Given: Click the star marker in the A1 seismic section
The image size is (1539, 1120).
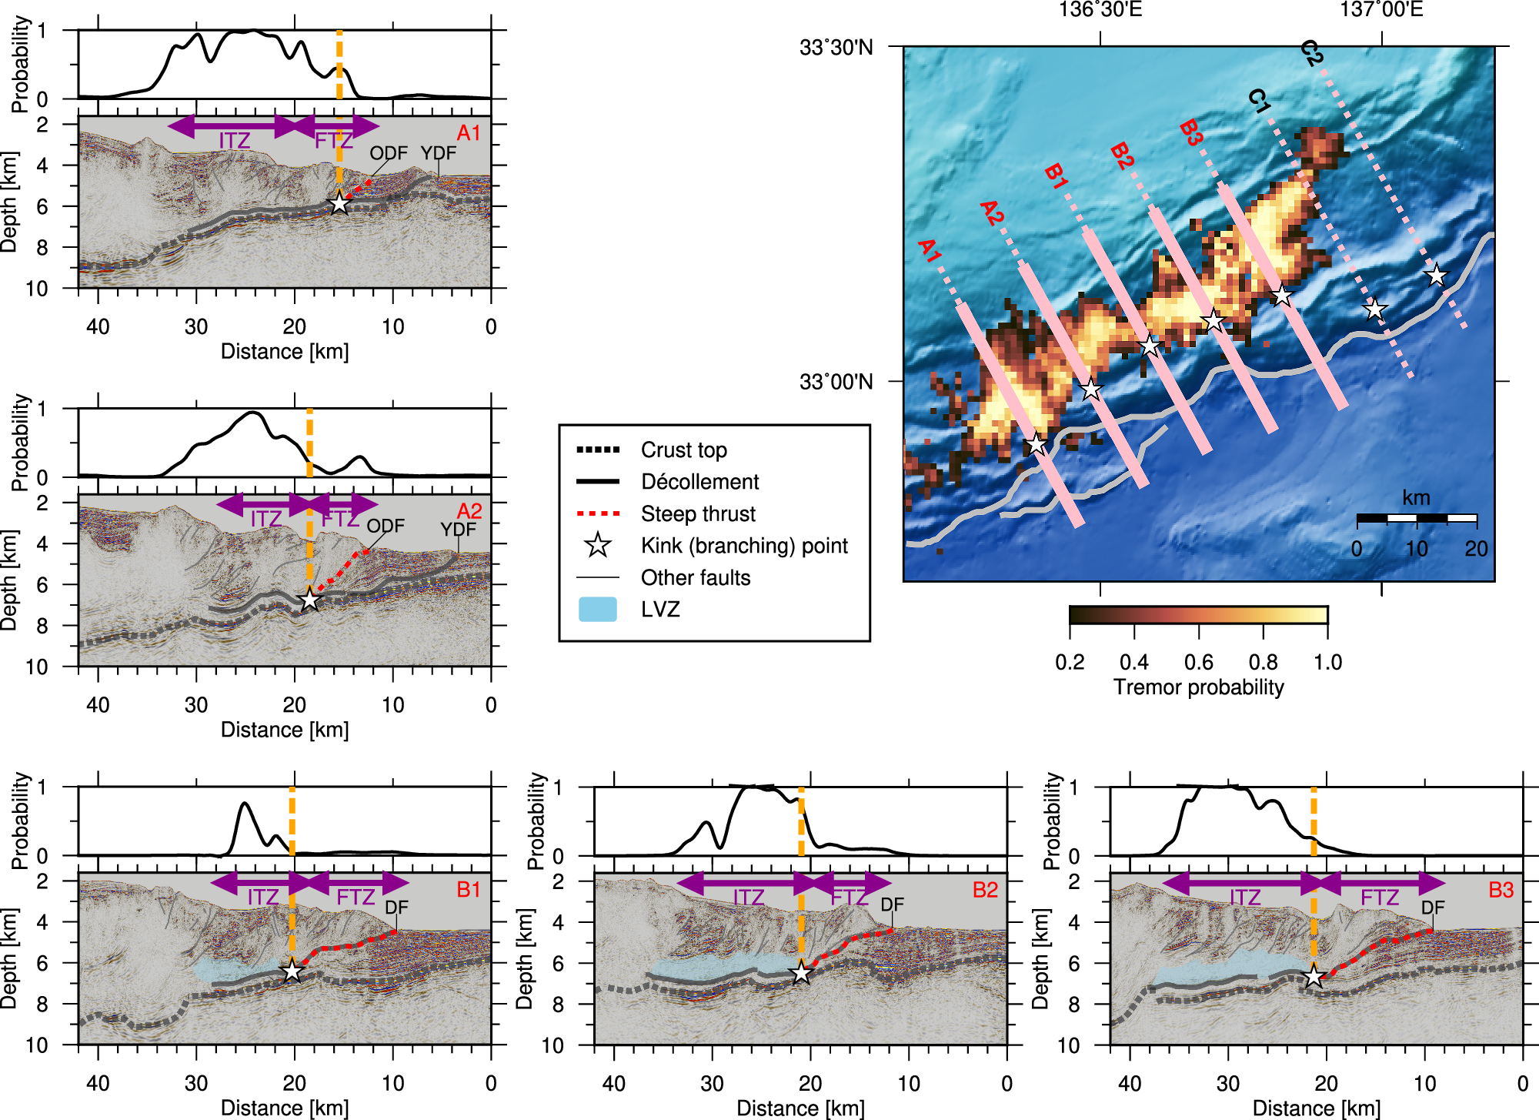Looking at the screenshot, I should point(339,203).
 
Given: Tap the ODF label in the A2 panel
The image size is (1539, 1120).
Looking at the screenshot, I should point(385,526).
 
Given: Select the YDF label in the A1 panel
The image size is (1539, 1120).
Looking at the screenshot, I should point(438,153).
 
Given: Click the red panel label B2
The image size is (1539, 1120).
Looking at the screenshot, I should point(985,890).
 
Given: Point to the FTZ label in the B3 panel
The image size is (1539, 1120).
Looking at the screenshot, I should point(1379,898).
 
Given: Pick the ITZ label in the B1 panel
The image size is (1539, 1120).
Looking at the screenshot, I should point(262,898).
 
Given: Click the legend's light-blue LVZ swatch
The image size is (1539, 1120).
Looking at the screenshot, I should point(597,609).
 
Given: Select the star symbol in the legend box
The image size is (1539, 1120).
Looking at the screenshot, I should point(598,545).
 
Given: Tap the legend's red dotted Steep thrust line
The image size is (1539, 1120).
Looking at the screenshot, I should point(598,513).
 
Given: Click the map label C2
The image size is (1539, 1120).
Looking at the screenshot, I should point(1311,53).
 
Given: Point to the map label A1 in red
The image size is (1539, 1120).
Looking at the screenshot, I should point(929,251).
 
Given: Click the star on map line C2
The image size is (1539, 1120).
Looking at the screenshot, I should point(1436,275).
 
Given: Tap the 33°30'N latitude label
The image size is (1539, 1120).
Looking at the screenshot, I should point(836,48).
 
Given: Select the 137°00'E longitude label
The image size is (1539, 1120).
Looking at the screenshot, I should point(1381,10).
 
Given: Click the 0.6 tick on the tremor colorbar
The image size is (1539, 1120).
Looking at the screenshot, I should point(1198,662).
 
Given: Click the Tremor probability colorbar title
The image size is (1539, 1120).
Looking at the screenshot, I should point(1198,687).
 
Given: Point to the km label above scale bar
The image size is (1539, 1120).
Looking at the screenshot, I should point(1416,497).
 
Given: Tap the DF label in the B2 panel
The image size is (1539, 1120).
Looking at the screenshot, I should point(892,904).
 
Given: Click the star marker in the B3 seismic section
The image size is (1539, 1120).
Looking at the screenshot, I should point(1314,977).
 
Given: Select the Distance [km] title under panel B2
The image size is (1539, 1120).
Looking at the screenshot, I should point(800,1108).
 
